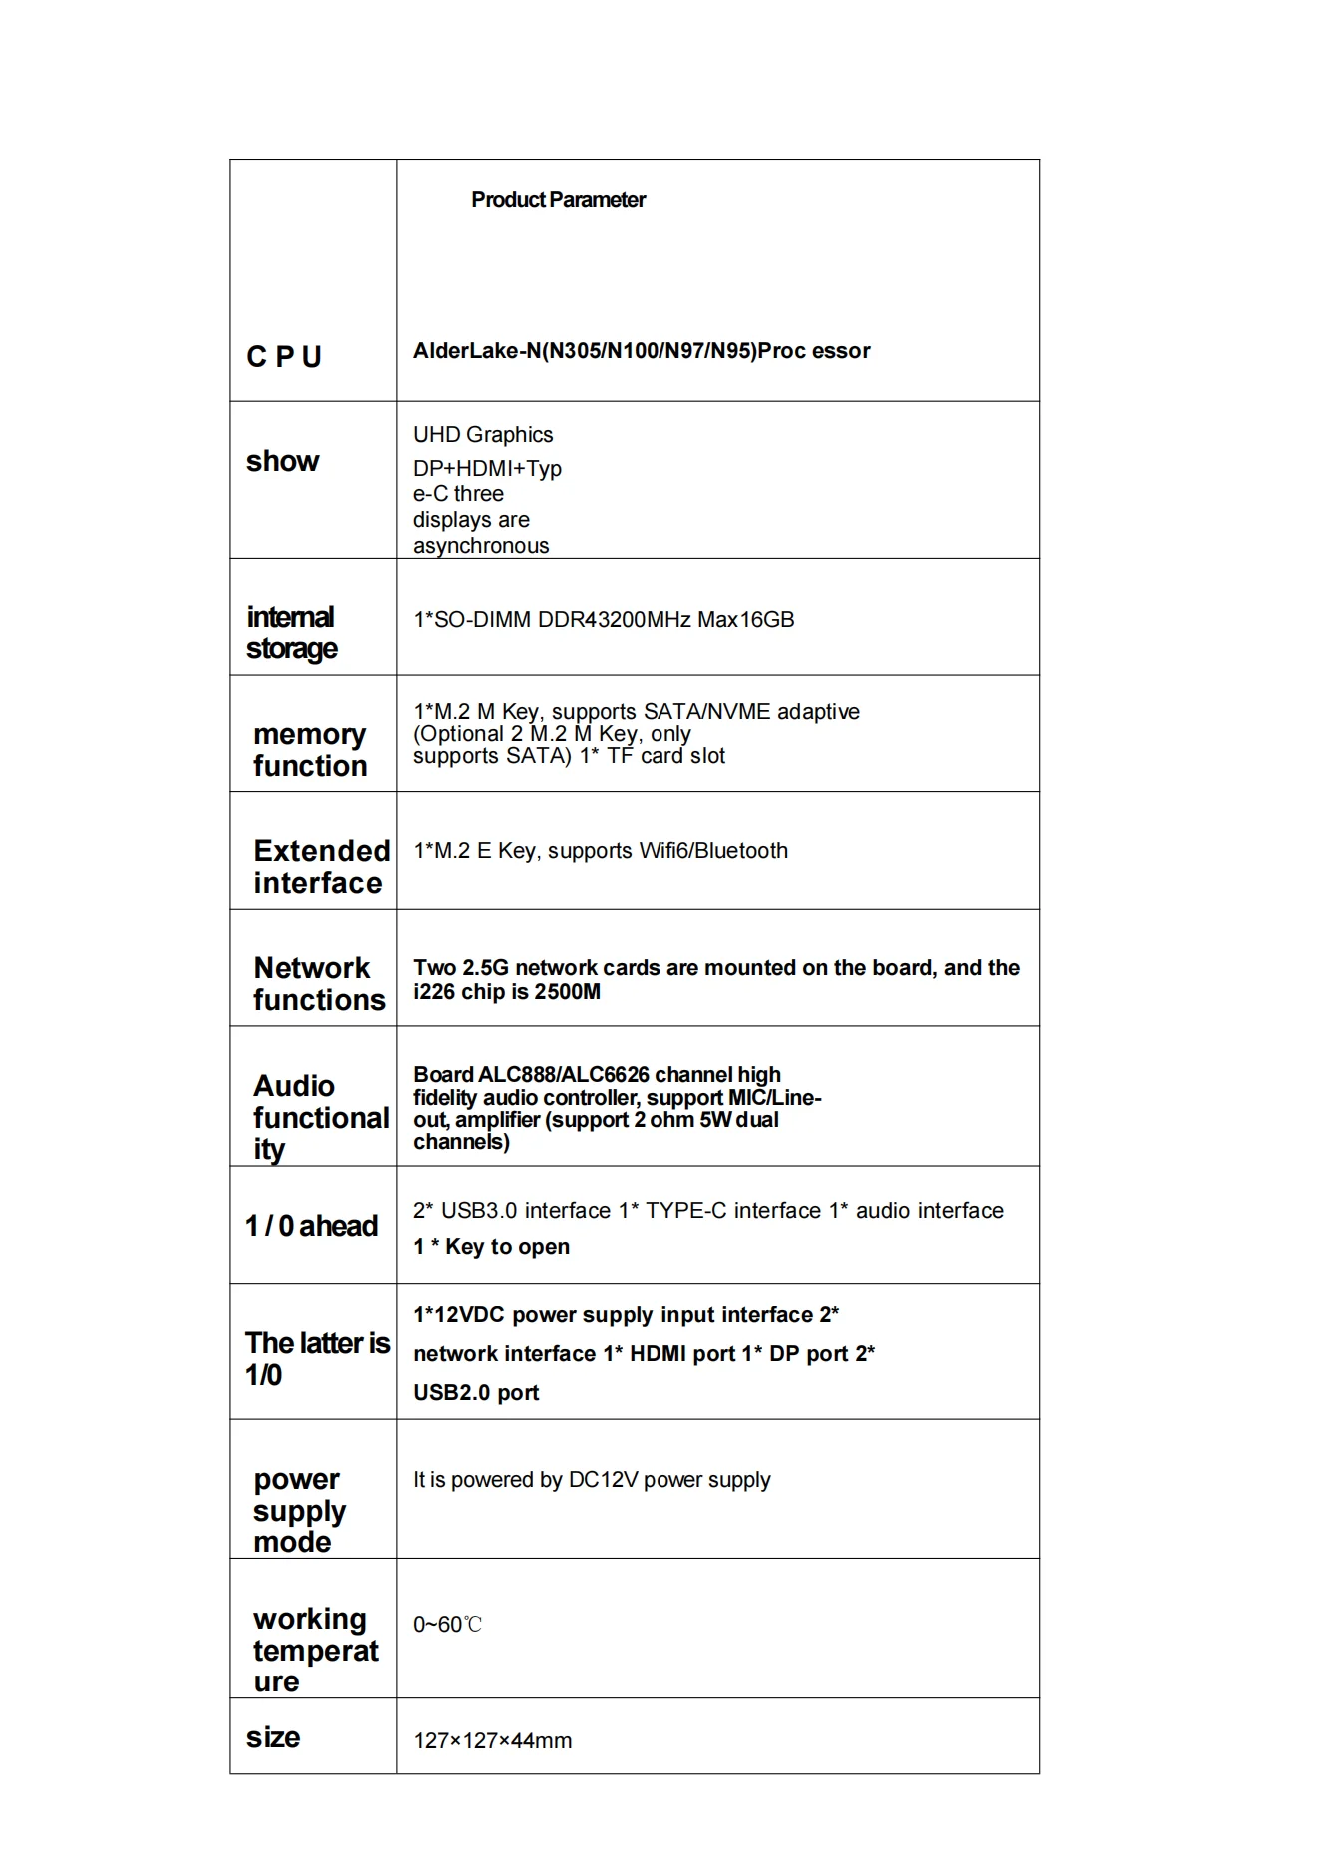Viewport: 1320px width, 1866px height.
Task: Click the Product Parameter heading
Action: (x=558, y=200)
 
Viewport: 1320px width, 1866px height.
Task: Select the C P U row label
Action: (x=284, y=357)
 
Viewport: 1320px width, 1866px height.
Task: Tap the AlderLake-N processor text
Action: (x=642, y=351)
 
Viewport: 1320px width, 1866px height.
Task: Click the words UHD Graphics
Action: (x=483, y=435)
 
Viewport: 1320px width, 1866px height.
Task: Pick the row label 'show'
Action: (x=283, y=461)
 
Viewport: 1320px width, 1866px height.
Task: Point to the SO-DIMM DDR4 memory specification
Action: (x=604, y=620)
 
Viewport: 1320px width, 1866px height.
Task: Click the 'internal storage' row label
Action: (x=291, y=633)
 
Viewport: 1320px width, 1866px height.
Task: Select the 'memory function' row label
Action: (x=310, y=750)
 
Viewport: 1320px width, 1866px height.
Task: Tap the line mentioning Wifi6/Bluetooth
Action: (x=601, y=851)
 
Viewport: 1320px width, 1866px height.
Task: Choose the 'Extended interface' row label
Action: (x=320, y=867)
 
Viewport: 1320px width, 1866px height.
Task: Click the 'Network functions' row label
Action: (x=318, y=984)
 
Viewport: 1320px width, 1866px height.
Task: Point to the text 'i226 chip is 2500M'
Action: (x=507, y=992)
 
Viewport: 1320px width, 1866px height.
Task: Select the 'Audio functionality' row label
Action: (x=320, y=1117)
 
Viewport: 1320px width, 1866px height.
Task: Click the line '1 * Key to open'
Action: (x=491, y=1247)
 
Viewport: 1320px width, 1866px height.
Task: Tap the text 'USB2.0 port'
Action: (x=476, y=1393)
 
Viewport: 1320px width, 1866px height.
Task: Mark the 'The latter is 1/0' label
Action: (x=316, y=1359)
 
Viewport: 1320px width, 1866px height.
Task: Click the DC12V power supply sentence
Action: (x=592, y=1480)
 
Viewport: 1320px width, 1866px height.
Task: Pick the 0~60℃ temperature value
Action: (x=447, y=1625)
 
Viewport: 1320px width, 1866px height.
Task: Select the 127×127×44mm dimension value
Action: (x=492, y=1741)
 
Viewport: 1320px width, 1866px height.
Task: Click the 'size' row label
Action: (x=273, y=1737)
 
